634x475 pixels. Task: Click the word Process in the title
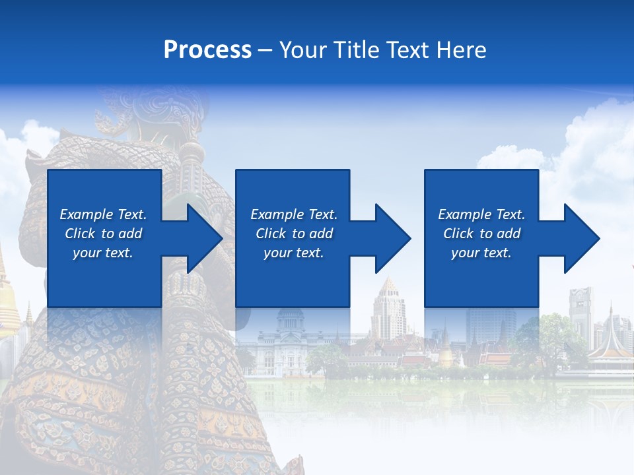(207, 49)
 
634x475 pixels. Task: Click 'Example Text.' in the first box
(103, 214)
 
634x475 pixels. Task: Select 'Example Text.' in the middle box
(293, 214)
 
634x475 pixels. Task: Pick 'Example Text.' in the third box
(481, 214)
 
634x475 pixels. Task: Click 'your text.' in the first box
(103, 253)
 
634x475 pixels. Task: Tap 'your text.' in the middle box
(293, 253)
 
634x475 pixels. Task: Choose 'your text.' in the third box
(481, 253)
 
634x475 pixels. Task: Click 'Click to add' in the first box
(103, 234)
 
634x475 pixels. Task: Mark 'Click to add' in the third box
(481, 234)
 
